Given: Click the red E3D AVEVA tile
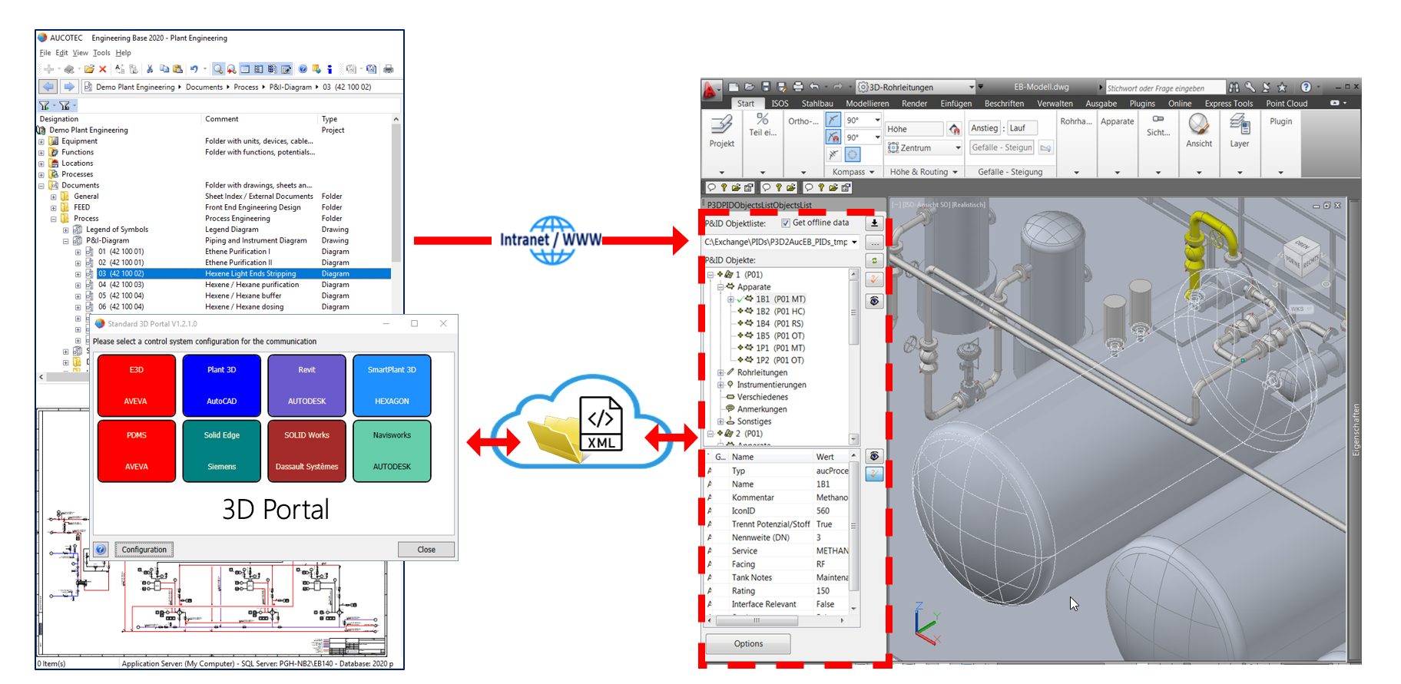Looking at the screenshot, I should (137, 385).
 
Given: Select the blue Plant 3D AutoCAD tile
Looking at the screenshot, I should (221, 385).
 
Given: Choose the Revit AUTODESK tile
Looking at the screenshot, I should (306, 385).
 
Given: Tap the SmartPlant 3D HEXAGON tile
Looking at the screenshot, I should (392, 385).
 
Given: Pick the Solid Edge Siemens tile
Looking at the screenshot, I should (221, 451).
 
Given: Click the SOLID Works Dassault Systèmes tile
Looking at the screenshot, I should (306, 451).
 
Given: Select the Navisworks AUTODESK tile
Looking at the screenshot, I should (392, 451).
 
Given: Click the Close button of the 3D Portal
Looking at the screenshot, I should (426, 550).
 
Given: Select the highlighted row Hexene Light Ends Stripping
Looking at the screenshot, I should (250, 273).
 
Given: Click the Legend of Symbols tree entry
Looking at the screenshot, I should (117, 230).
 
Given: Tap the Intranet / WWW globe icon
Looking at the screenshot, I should (551, 240).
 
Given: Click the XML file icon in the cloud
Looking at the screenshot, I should (601, 424).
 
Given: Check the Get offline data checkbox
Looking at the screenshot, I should (786, 223).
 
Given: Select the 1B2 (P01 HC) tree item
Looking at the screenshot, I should (780, 312).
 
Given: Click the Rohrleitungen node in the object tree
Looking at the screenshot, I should (762, 372).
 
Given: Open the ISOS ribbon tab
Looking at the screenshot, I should (780, 104).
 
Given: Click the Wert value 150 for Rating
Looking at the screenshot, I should (823, 591).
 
